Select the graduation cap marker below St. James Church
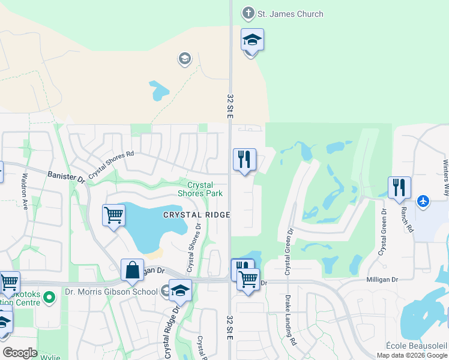click(x=252, y=40)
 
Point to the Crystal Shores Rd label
click(x=111, y=166)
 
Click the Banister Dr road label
click(x=65, y=176)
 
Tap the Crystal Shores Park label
click(x=200, y=190)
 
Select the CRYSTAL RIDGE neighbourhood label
click(x=197, y=214)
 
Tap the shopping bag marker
click(x=132, y=270)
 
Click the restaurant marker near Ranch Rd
click(x=399, y=188)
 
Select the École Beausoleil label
click(x=417, y=346)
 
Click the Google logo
click(x=20, y=353)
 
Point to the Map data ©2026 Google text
click(x=411, y=355)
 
